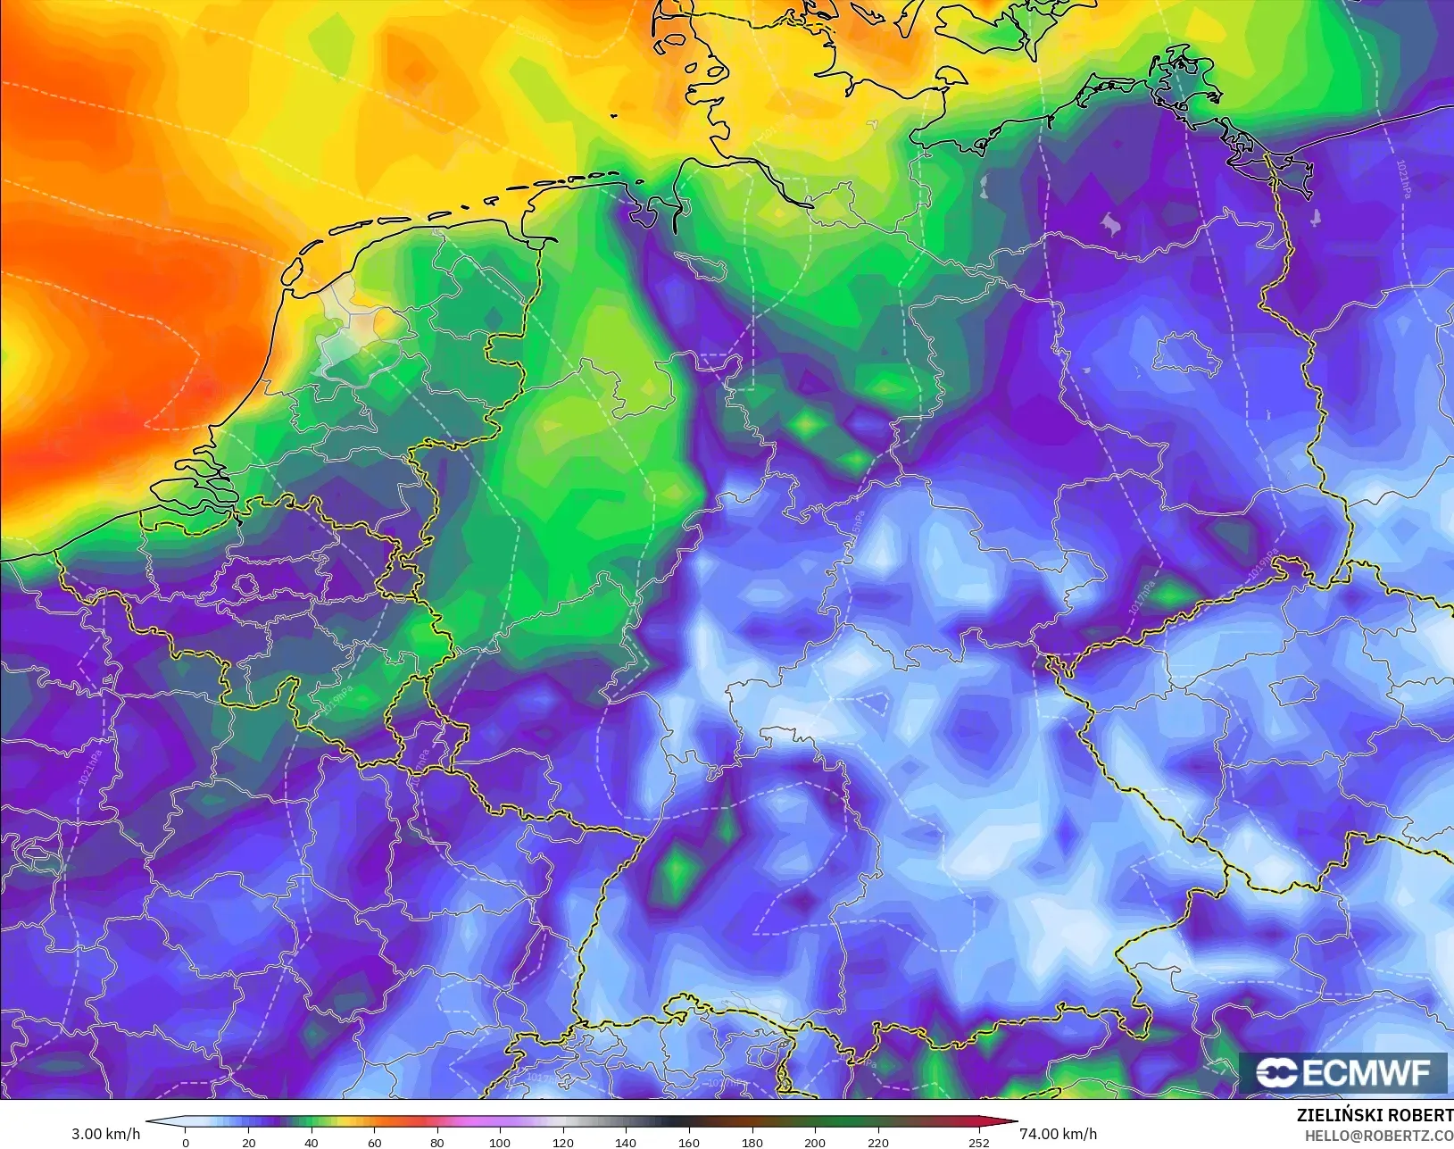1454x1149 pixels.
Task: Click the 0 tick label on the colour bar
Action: [186, 1142]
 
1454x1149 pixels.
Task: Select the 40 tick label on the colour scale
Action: [312, 1142]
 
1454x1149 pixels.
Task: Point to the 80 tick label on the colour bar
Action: [437, 1142]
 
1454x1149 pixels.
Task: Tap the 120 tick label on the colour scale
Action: [563, 1142]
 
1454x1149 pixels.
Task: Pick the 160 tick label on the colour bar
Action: [689, 1142]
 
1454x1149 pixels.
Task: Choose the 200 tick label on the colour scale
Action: [815, 1142]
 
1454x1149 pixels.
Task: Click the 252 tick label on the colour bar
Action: [979, 1142]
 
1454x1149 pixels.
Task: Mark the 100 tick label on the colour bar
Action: [500, 1142]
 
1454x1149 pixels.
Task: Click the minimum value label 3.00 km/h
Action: [105, 1134]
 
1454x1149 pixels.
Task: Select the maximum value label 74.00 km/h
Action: [1058, 1134]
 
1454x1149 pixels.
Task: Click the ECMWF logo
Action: [1342, 1072]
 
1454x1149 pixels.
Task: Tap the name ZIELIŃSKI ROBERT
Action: [1375, 1115]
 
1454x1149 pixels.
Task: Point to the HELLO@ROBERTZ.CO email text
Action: [1379, 1136]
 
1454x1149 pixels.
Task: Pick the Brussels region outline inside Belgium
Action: [245, 585]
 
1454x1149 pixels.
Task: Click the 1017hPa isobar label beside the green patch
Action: [1140, 595]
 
